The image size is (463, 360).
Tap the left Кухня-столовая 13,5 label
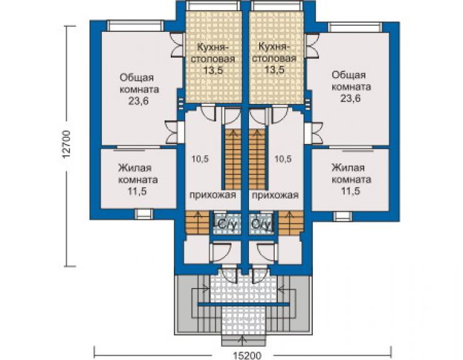click(x=213, y=58)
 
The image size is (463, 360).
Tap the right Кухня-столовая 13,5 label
click(x=274, y=58)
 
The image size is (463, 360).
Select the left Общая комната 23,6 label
click(x=139, y=90)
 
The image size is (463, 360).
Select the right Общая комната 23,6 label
click(x=351, y=86)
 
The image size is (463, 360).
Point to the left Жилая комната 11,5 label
click(x=138, y=180)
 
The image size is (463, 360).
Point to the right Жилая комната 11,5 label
click(x=351, y=180)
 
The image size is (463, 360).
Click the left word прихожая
click(x=213, y=195)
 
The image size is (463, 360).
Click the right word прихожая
click(x=275, y=195)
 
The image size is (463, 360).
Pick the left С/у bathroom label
click(x=226, y=225)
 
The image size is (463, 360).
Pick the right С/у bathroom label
click(x=260, y=225)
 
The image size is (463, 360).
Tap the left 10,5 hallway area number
click(x=200, y=159)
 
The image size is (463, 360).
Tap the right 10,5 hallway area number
click(x=283, y=159)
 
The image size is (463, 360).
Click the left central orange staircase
click(x=233, y=160)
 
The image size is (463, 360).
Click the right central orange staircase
click(x=257, y=160)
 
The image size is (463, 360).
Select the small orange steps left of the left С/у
click(x=197, y=223)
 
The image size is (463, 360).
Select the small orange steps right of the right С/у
click(x=291, y=223)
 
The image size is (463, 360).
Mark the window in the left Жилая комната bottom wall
click(x=144, y=214)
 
